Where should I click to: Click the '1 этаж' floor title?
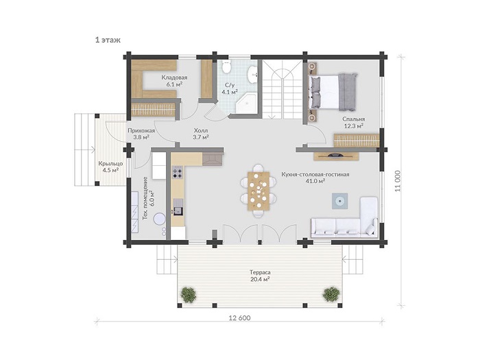[108, 40]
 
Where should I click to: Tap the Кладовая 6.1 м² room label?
[174, 81]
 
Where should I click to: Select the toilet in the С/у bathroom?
[226, 67]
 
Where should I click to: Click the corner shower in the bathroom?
[245, 104]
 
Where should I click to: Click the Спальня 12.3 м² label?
[354, 122]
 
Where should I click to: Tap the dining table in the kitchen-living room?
[259, 191]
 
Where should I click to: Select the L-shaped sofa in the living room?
[344, 217]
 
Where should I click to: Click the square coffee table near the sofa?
[340, 201]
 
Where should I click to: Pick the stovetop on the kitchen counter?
[178, 172]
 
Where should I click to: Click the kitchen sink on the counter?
[178, 207]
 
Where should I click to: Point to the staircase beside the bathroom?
[283, 89]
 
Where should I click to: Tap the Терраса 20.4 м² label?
[260, 276]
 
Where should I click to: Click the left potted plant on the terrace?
[189, 294]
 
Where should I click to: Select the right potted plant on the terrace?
[331, 294]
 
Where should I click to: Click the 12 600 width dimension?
[239, 318]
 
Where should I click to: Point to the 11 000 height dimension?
[398, 180]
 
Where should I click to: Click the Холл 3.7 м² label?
[201, 134]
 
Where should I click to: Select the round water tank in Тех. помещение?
[160, 219]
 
